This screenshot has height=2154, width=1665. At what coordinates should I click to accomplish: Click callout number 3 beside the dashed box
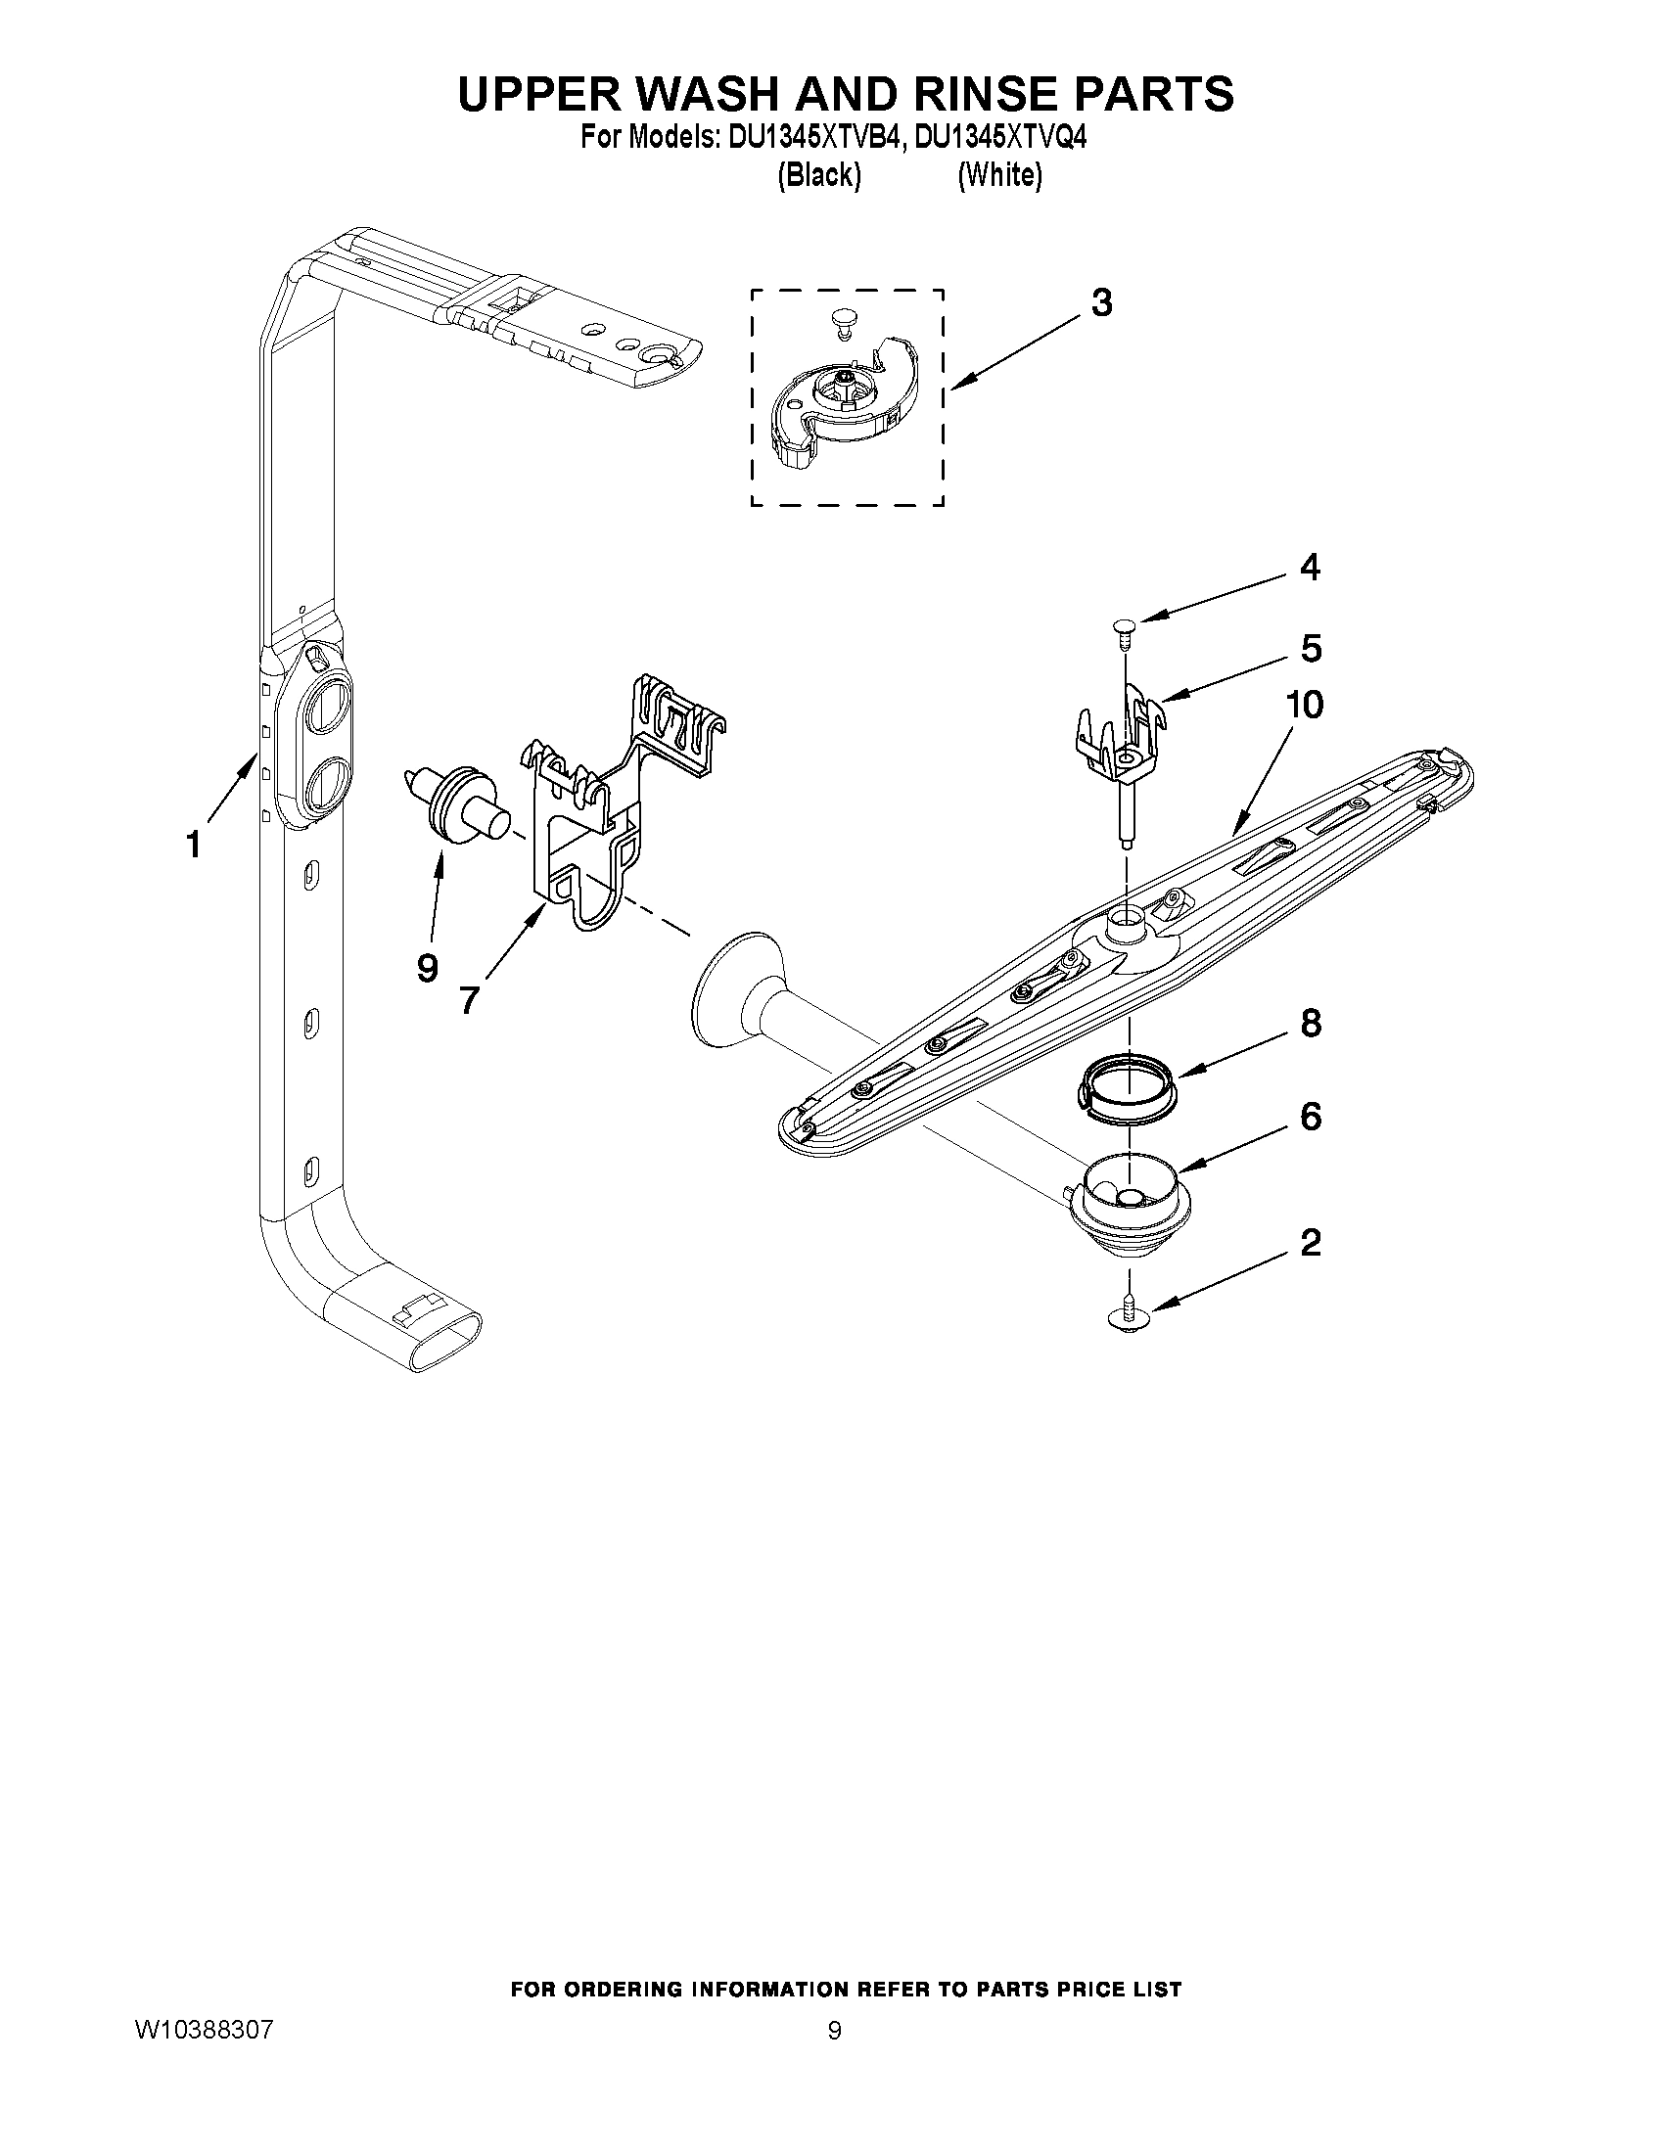[x=1102, y=303]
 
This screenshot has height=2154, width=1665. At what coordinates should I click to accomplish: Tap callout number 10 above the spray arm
[x=1304, y=706]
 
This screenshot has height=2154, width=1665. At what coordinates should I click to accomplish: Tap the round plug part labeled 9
[x=459, y=805]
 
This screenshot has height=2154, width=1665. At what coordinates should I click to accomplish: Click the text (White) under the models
[x=999, y=175]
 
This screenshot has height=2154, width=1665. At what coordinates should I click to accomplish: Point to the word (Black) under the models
[x=818, y=175]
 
